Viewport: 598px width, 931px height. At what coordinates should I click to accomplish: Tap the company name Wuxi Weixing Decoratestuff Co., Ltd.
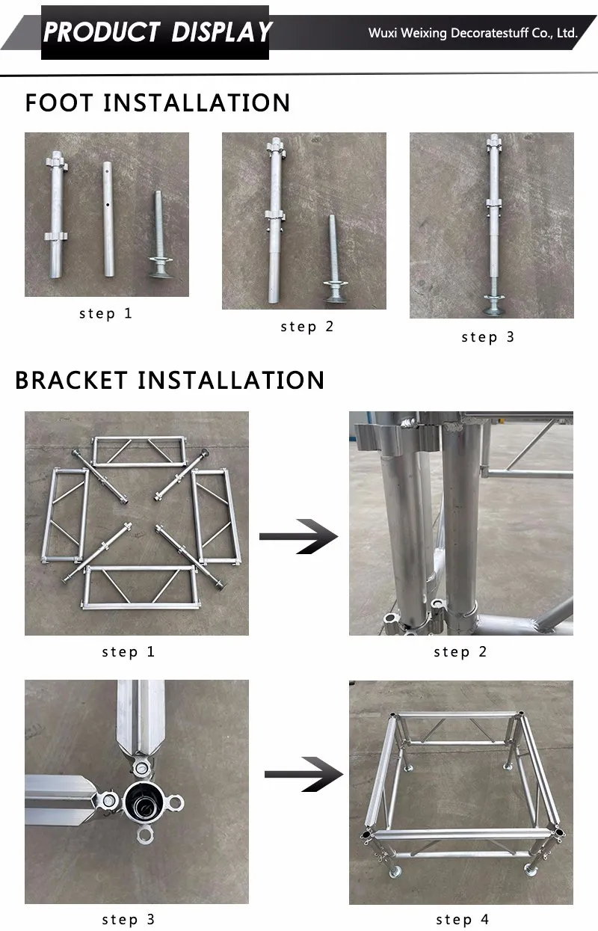coord(472,33)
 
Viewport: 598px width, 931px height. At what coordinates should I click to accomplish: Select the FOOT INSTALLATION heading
coord(158,102)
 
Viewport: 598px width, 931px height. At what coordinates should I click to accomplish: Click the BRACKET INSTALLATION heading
coord(170,380)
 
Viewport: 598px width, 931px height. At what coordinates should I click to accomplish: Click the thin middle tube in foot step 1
coord(108,217)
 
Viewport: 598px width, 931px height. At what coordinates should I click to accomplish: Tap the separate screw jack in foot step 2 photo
coord(333,254)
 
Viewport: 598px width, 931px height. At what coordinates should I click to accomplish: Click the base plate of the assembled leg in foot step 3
coord(492,303)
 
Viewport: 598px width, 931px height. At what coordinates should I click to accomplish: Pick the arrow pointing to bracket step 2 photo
coord(298,536)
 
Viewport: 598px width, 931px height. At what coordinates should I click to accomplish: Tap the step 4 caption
coord(461,919)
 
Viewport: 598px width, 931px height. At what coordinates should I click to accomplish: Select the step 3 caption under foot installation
coord(488,337)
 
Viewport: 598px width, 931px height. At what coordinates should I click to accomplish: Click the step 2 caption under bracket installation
coord(460,652)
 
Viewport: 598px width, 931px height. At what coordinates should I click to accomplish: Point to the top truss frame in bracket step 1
coord(138,451)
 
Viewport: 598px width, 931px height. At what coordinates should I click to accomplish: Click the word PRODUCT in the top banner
coord(101,32)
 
